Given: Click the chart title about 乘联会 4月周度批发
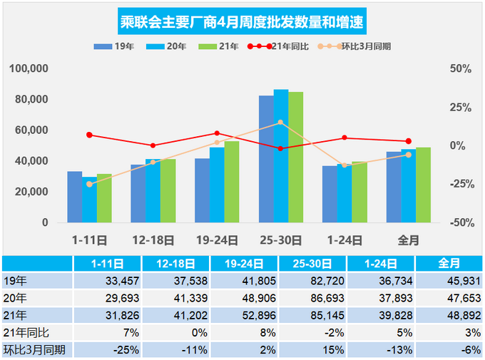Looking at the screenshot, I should tap(242, 21).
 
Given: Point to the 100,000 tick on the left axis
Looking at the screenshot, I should tap(29, 69).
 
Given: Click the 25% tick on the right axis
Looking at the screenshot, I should tap(460, 108).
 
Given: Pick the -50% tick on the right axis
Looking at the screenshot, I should tap(460, 222).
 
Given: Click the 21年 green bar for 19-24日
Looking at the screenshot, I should tap(232, 182).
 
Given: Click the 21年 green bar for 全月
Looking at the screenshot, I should tap(424, 185).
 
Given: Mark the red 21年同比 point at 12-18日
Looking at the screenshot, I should tap(153, 145).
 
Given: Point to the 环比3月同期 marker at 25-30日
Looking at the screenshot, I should tap(280, 123).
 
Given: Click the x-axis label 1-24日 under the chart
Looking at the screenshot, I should tap(344, 240).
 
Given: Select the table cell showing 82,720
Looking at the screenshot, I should tap(311, 279).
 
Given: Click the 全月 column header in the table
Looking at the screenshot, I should tap(449, 263).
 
